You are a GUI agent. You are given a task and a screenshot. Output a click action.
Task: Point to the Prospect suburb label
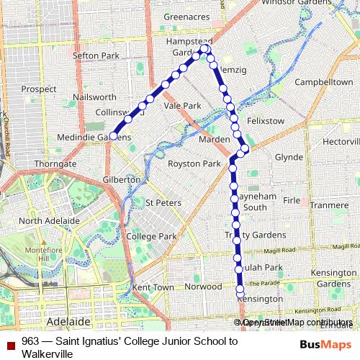tap(39, 89)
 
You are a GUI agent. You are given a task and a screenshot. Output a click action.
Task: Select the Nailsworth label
tap(94, 96)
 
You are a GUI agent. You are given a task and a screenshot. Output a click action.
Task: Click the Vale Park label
tap(182, 105)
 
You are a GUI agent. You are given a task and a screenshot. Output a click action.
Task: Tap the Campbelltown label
tap(323, 83)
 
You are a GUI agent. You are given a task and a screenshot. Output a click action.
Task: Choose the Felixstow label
tap(266, 121)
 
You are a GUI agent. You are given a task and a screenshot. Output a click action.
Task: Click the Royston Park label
tap(194, 163)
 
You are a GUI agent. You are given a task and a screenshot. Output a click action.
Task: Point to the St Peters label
tap(163, 203)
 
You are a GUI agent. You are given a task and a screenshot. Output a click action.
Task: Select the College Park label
tap(151, 236)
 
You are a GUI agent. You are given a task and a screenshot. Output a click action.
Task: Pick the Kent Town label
tap(153, 287)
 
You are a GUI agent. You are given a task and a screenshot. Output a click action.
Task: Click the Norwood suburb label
tap(204, 286)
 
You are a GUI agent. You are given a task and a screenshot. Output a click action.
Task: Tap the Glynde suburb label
tap(289, 156)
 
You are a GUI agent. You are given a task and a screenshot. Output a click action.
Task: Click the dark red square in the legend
tap(10, 341)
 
